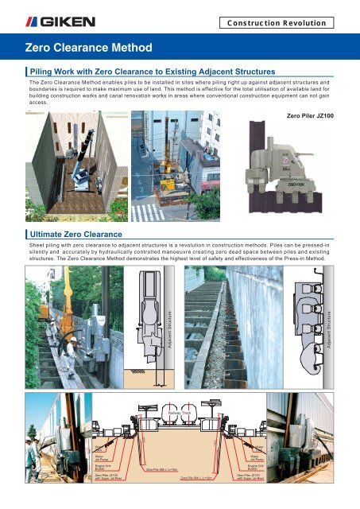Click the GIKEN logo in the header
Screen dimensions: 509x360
coord(46,17)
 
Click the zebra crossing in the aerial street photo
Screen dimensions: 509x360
coord(146,212)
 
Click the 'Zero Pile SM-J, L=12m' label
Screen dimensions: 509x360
coord(199,479)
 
